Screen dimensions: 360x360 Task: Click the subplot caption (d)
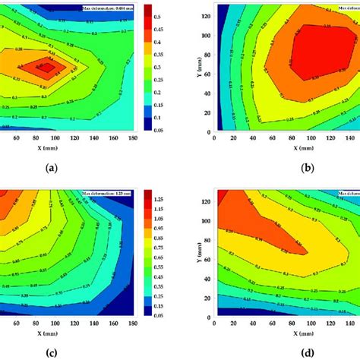click(x=286, y=352)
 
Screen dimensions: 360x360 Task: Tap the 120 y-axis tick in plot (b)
click(x=207, y=17)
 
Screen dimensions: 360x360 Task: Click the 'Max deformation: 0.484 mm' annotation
click(x=112, y=8)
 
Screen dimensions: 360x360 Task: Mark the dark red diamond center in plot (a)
click(x=47, y=67)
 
